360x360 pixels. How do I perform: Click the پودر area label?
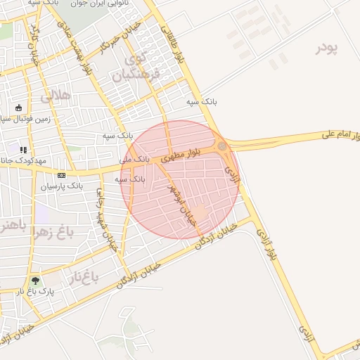coord(327,49)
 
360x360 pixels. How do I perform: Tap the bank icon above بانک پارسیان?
coord(61,174)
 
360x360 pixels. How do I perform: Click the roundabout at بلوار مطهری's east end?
coord(222,146)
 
